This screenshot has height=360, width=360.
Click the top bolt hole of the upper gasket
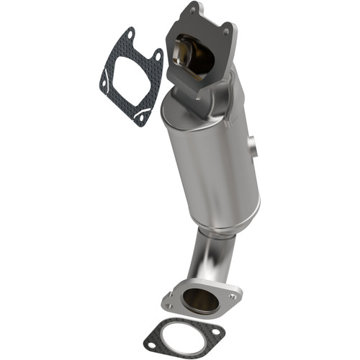129,35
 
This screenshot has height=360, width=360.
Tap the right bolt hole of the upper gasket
157,55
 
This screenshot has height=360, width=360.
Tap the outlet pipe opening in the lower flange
202,300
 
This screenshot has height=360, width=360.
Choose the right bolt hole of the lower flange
232,296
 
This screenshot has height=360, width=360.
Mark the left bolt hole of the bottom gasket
151,346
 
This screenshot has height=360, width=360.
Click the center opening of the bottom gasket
181,340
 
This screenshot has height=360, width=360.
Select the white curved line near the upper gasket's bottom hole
144,109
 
